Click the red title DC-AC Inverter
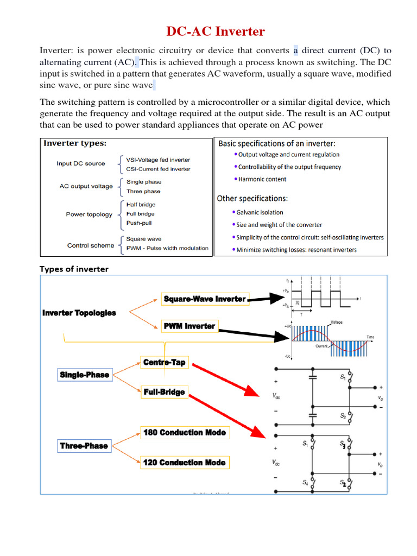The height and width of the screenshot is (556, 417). pos(216,31)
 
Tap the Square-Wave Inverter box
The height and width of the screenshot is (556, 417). pos(205,299)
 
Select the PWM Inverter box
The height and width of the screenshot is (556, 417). pos(189,326)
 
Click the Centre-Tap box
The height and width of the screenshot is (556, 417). pos(164,362)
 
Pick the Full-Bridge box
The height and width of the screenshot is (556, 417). pos(164,392)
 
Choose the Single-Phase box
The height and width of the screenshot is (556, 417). pos(84,375)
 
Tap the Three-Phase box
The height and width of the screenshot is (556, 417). pos(84,446)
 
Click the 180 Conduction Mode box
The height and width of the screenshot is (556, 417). pos(184,433)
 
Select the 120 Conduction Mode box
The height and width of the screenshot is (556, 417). pos(184,463)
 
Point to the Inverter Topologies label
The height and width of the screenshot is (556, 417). pos(79,313)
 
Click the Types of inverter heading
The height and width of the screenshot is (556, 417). pos(74,269)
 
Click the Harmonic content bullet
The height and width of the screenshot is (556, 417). pos(262,179)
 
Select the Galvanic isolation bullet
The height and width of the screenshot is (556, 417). pos(260,212)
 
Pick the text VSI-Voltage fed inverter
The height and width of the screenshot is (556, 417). pos(158,160)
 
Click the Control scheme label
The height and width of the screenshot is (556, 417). pos(91,245)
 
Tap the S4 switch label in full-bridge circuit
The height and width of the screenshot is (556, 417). pos(305,482)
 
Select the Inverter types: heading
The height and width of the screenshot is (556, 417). pos(75,144)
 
